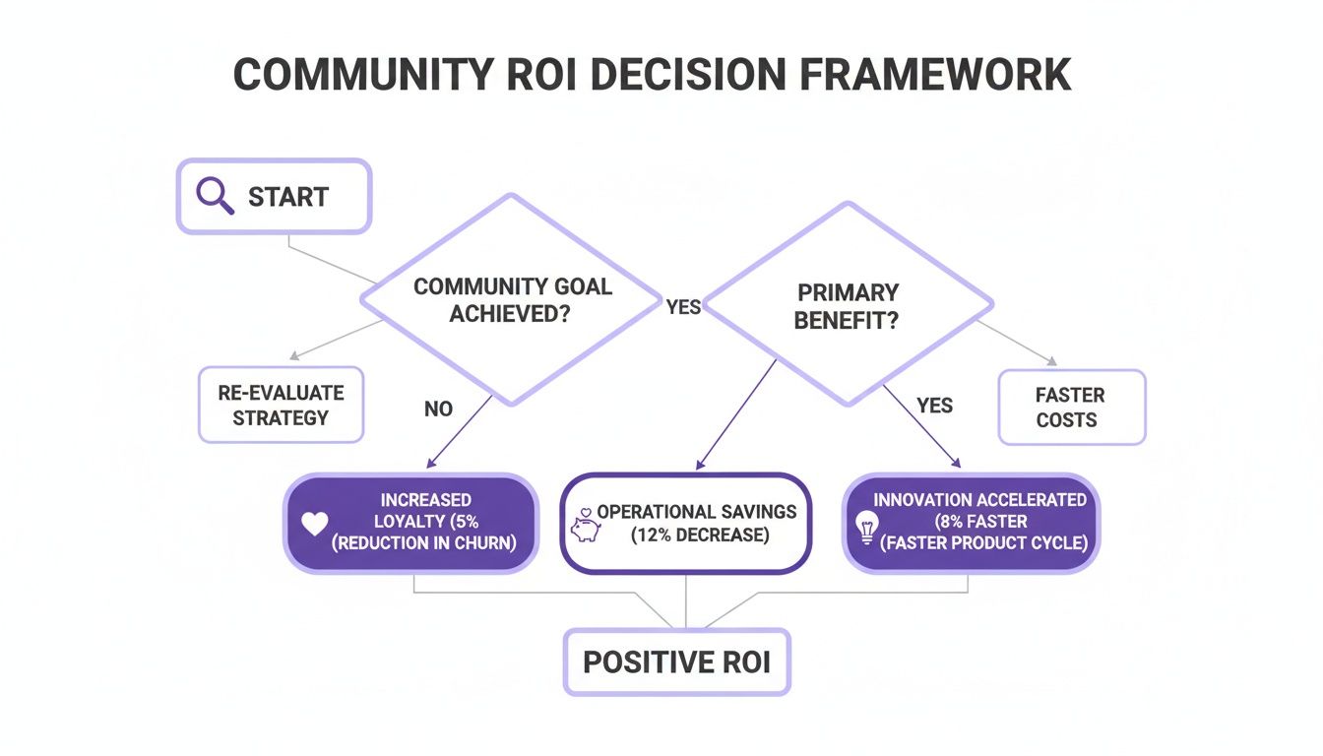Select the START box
(x=274, y=197)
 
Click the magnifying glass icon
(x=215, y=196)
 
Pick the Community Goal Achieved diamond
(x=511, y=299)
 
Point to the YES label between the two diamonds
(x=683, y=307)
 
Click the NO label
(x=438, y=408)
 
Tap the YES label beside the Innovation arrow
(x=934, y=406)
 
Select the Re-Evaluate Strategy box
(x=281, y=405)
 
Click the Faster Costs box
(x=1071, y=407)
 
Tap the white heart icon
(x=314, y=525)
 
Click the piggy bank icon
(x=584, y=528)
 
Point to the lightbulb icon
(x=867, y=529)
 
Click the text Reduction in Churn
(x=425, y=542)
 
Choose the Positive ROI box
(x=676, y=661)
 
